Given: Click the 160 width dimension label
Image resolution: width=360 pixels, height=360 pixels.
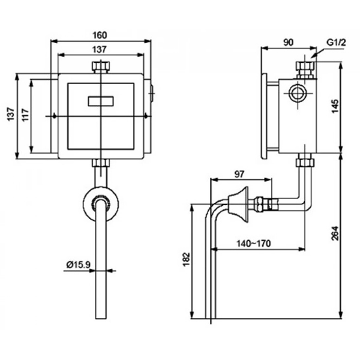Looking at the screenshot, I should pyautogui.click(x=100, y=35).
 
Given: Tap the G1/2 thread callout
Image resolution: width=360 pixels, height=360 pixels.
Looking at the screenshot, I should pyautogui.click(x=336, y=43).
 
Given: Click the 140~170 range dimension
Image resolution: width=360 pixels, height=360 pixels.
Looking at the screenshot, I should pyautogui.click(x=255, y=244).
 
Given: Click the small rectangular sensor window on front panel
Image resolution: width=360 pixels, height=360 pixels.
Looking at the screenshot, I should pyautogui.click(x=100, y=101).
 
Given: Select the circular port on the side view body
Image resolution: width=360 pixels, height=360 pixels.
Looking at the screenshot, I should pyautogui.click(x=296, y=94).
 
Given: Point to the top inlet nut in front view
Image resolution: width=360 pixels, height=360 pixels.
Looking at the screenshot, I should pyautogui.click(x=100, y=66).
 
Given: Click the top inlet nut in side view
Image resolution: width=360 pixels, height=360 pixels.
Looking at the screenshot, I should pyautogui.click(x=306, y=69).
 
